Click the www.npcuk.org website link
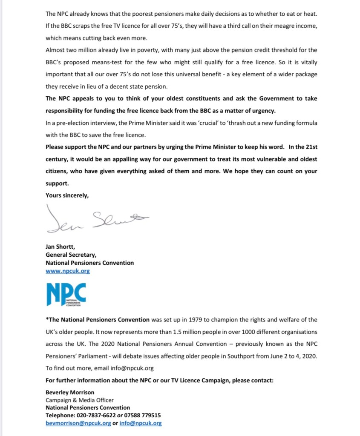click(x=67, y=271)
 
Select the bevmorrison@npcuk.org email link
click(x=78, y=423)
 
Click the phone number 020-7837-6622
click(x=95, y=415)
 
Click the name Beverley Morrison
click(x=70, y=392)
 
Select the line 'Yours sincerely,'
click(x=67, y=195)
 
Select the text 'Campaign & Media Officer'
click(x=80, y=400)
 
